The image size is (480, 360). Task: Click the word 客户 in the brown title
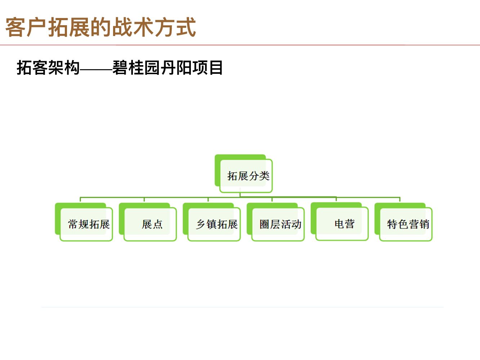pos(26,27)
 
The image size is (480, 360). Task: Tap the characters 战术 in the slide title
pos(133,27)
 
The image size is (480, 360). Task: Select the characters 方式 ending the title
pos(175,27)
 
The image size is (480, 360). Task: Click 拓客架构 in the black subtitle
pos(48,68)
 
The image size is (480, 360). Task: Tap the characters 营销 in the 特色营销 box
pos(419,224)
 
